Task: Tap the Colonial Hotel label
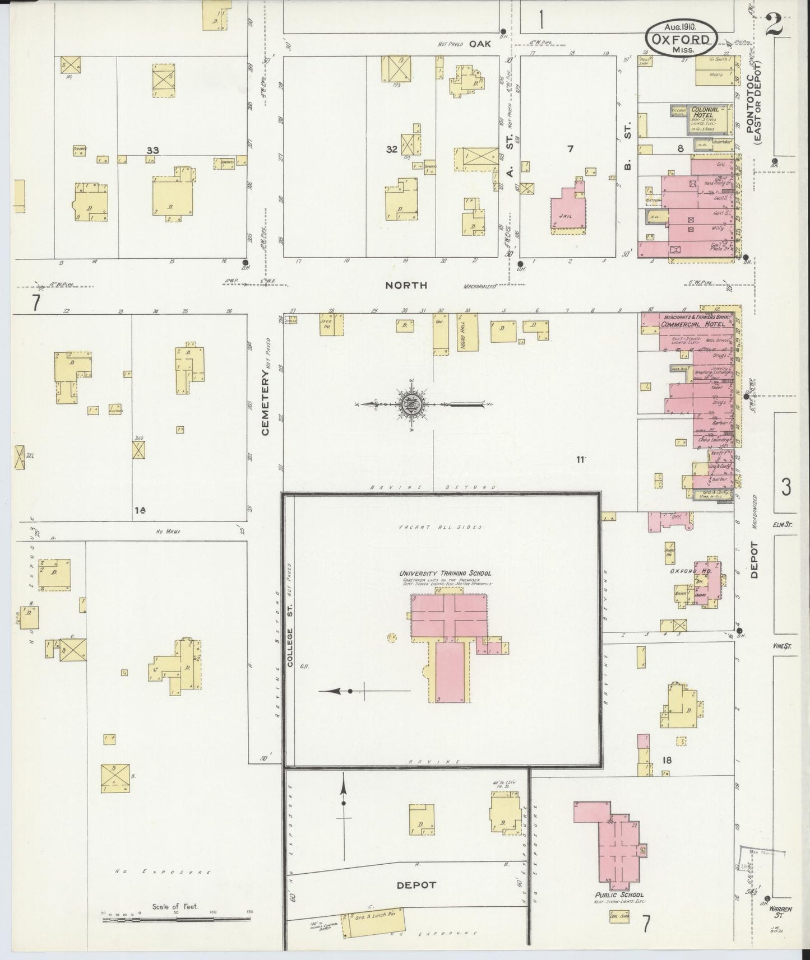pos(705,113)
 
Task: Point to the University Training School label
pos(445,573)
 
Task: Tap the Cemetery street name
pos(266,403)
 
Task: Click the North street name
pos(406,285)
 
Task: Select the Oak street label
pos(479,43)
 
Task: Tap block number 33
pos(152,150)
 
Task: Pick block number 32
pos(391,149)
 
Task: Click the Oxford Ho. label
pos(684,571)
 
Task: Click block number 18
pos(666,760)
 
